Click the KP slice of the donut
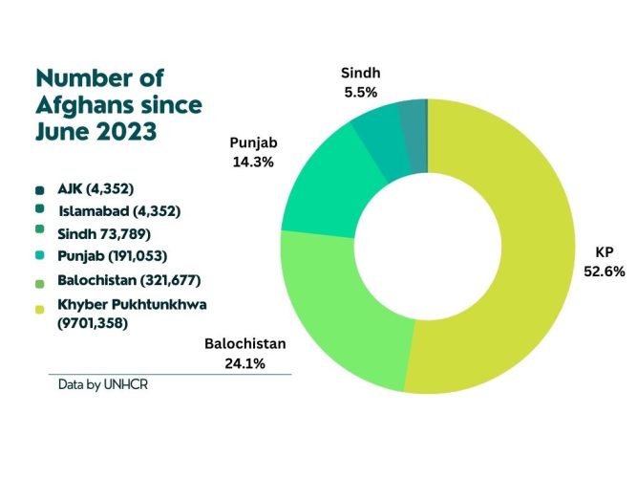pos(537,244)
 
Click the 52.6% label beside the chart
pos(605,272)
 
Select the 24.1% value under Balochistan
pos(245,363)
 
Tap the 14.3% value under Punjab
pos(253,163)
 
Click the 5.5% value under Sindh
pos(361,93)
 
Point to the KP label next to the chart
pos(605,252)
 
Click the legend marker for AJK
pos(40,190)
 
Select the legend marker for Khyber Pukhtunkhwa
pos(40,310)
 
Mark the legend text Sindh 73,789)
pos(104,234)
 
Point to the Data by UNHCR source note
pos(103,385)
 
